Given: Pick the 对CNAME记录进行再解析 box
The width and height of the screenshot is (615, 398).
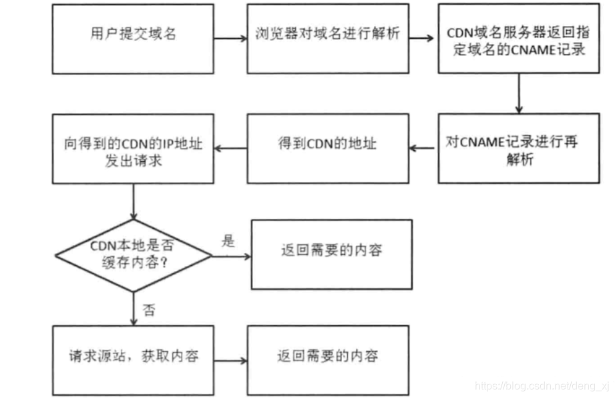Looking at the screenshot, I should [x=519, y=148].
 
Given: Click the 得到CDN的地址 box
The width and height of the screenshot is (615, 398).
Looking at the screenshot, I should [x=328, y=148].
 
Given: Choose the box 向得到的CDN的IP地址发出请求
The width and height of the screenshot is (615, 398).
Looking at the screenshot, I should [x=134, y=148].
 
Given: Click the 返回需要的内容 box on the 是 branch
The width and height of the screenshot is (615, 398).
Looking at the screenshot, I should [x=331, y=254].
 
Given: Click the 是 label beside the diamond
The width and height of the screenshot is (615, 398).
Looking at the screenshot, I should [x=228, y=242].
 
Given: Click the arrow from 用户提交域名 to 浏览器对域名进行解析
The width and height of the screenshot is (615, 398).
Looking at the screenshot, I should [x=230, y=38].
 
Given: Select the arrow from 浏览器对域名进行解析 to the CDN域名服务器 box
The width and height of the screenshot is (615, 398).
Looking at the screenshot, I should [x=423, y=38].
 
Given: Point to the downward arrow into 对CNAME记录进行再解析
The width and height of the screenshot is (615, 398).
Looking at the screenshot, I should [x=519, y=93].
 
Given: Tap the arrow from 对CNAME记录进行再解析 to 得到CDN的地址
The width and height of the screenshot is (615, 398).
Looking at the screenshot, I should [x=423, y=148].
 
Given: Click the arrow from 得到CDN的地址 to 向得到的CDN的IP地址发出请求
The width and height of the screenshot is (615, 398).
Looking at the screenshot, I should [x=230, y=148].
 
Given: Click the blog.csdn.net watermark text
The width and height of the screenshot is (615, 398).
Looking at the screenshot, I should [x=541, y=385].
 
